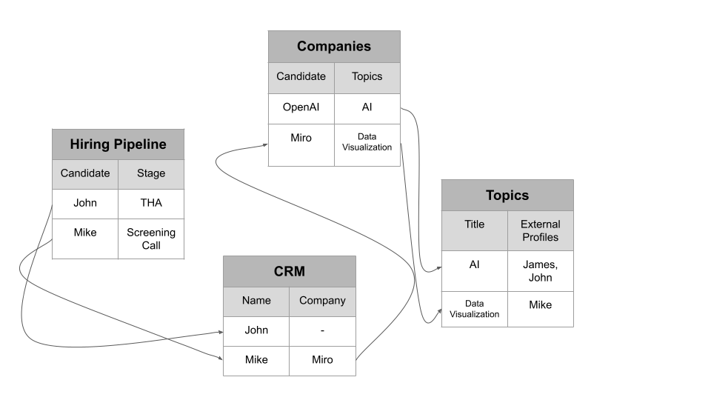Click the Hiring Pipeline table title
[118, 144]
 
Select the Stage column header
[150, 174]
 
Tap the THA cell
[150, 203]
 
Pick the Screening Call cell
[150, 239]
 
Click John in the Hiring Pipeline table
[85, 203]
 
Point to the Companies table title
[333, 47]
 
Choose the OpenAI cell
[301, 107]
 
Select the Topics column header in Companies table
[367, 76]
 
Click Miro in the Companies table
[301, 139]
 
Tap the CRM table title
[289, 271]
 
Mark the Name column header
[256, 301]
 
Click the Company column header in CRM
[322, 301]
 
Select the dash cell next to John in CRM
[322, 330]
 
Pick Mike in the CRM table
[256, 360]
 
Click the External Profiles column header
[540, 230]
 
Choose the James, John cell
[540, 271]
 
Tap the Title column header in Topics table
[474, 224]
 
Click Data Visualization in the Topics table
[474, 309]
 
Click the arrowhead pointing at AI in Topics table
[438, 270]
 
